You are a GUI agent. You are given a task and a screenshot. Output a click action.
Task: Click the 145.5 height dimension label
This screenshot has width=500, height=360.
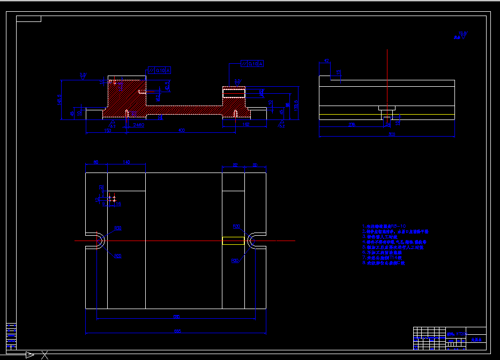point(60,100)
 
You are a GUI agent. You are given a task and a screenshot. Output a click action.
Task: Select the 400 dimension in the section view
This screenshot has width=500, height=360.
point(181,130)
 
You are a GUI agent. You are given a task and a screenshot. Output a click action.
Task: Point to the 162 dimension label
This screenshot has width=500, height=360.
point(246,125)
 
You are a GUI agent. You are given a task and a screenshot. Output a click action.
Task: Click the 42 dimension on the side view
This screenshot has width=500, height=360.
point(326,61)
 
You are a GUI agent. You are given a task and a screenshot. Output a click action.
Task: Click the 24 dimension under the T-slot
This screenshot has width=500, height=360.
point(388,124)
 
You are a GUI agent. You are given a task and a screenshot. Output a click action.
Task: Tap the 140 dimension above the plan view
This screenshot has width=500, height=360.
point(126,162)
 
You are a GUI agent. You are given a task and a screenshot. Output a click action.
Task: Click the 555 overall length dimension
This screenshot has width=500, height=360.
point(177,332)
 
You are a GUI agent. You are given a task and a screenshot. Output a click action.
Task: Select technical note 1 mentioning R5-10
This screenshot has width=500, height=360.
point(384,227)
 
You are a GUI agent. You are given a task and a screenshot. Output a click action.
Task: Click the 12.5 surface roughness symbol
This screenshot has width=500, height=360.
point(460,36)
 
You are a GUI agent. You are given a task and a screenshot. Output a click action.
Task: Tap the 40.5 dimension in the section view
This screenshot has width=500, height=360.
point(167,86)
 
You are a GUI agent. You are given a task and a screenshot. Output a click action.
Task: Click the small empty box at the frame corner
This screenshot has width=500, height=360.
point(28,19)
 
